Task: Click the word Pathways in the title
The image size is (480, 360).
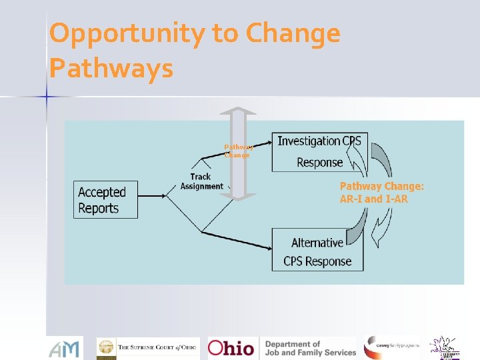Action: [111, 68]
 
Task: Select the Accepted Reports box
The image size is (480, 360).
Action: [105, 199]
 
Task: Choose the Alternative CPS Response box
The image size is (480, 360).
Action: [317, 249]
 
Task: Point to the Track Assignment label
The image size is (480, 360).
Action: [201, 181]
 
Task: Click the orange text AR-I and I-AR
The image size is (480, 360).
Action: [374, 199]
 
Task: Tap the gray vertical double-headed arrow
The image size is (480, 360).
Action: [237, 153]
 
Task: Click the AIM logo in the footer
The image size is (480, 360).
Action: [65, 348]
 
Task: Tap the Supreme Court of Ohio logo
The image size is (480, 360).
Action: [148, 348]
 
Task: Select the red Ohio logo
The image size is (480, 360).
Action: [231, 348]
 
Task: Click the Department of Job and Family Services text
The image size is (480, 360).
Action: [310, 348]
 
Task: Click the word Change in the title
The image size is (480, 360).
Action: [293, 33]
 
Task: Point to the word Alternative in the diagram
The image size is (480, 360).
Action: [317, 243]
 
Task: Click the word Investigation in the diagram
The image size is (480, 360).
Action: [309, 141]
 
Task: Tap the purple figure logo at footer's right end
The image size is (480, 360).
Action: [444, 347]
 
